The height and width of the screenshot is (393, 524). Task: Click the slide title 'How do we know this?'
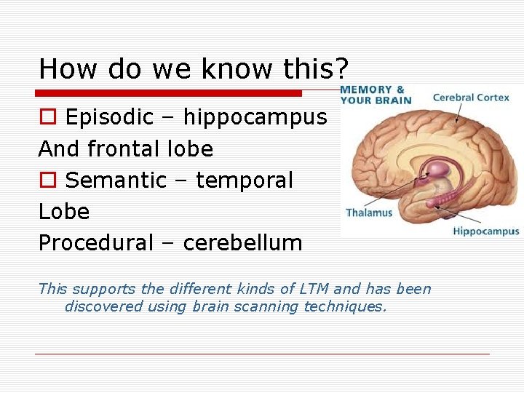tap(194, 69)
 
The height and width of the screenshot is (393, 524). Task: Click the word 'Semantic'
tap(116, 180)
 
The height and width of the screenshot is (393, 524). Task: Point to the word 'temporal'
tap(244, 180)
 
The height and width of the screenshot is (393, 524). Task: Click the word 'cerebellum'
tap(242, 243)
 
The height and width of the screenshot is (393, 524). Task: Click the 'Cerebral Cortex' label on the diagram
tap(471, 98)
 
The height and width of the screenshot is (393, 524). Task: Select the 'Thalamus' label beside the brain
tap(369, 213)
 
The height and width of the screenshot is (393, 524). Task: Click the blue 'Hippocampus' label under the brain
tap(486, 231)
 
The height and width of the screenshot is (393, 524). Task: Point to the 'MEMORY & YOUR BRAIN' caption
tap(375, 95)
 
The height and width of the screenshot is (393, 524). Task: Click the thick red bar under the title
tap(169, 93)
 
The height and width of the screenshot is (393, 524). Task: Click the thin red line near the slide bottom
tap(262, 354)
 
